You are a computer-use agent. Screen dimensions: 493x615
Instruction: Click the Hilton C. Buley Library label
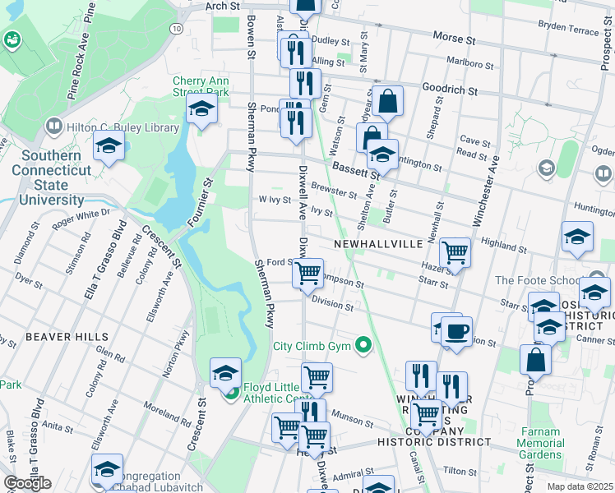coord(105,127)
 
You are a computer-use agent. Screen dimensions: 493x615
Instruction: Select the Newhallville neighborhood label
coord(378,244)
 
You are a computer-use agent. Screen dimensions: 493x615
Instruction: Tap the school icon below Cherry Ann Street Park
coord(201,109)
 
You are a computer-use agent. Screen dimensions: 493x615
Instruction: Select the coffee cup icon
coord(456,333)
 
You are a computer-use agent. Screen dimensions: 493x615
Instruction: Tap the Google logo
coord(27,483)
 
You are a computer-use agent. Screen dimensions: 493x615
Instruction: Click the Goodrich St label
coord(450,88)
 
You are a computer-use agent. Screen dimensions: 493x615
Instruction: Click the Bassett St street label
coord(355,169)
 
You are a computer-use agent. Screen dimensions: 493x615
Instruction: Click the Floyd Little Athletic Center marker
coord(233,393)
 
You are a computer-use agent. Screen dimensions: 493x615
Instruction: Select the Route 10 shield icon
coord(177,28)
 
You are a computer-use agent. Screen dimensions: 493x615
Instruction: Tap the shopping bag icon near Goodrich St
coord(388,101)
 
